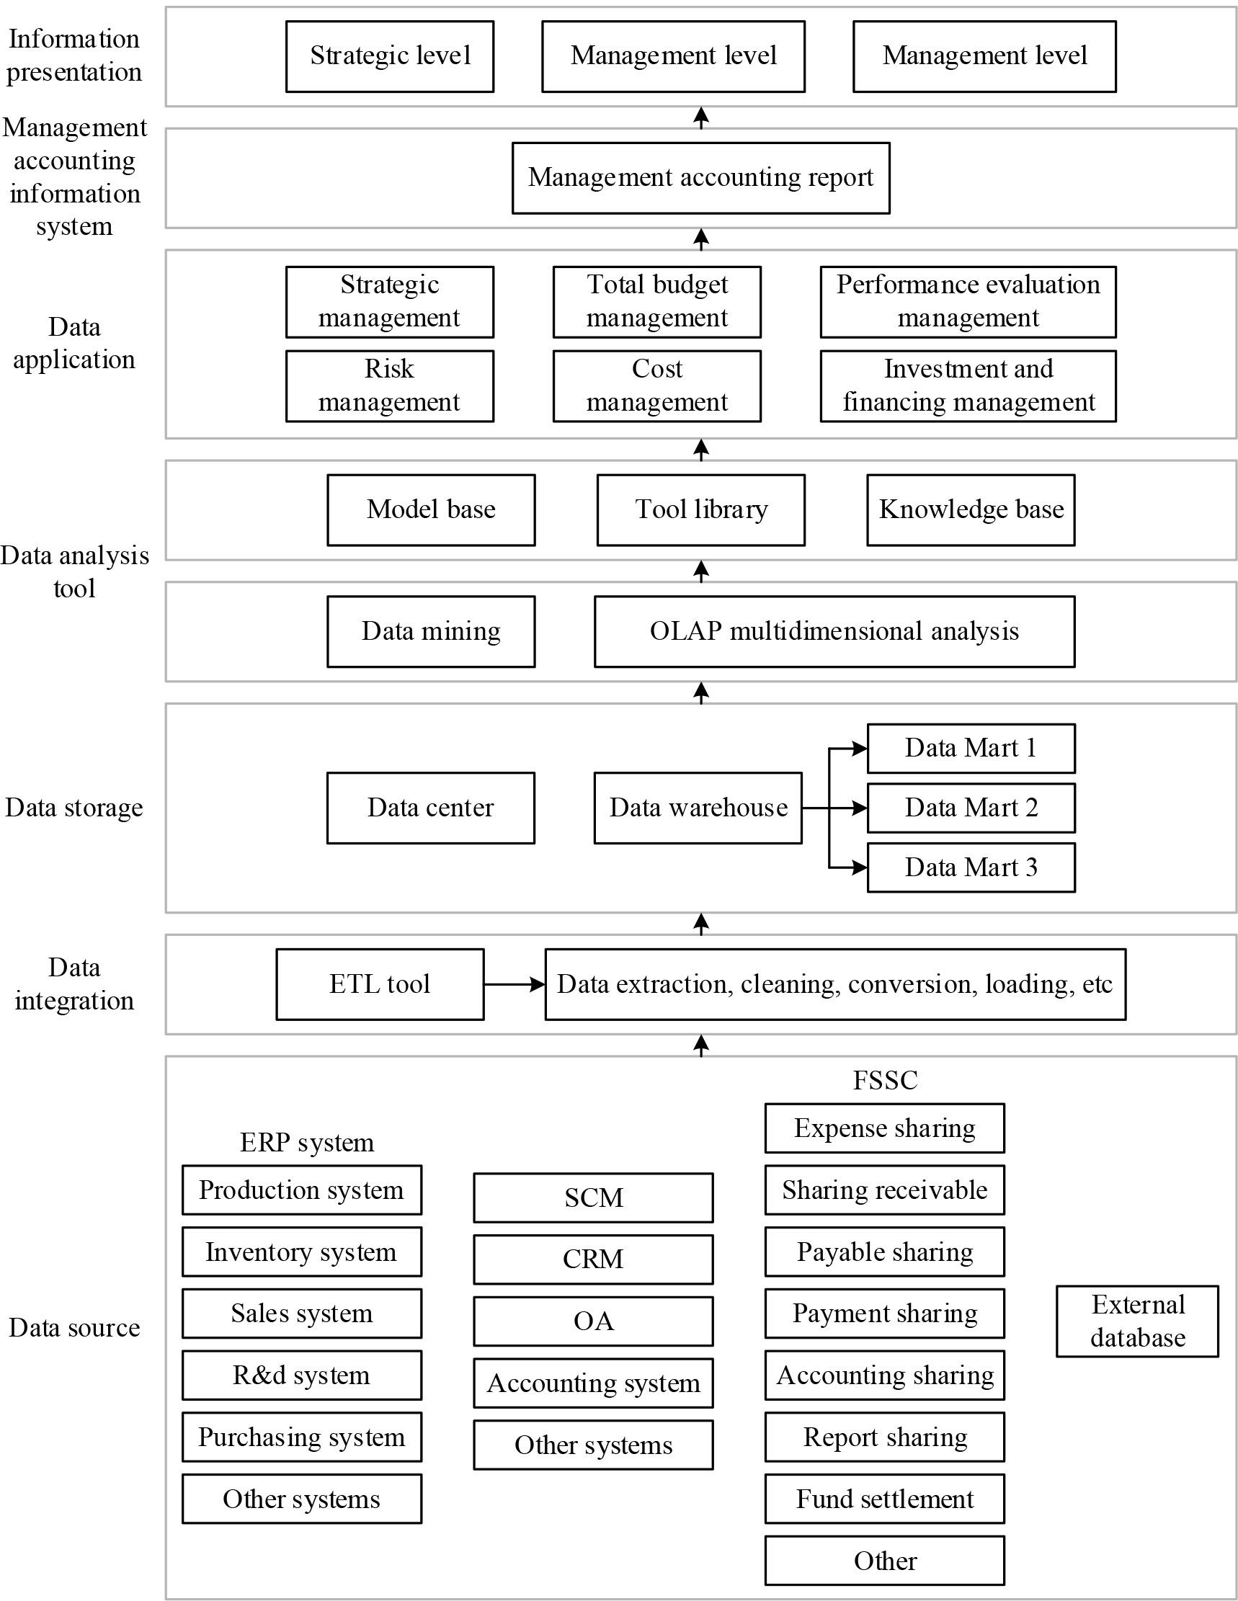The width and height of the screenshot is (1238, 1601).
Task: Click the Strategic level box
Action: click(x=389, y=56)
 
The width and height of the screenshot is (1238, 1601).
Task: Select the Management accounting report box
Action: click(x=700, y=178)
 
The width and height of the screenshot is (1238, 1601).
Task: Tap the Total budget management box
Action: click(x=656, y=301)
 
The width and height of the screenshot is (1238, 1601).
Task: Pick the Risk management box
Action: click(x=389, y=385)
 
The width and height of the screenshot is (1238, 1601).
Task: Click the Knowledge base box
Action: click(x=971, y=509)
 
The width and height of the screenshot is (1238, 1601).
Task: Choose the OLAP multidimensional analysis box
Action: click(x=834, y=631)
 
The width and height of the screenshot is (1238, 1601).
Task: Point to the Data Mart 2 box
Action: click(x=971, y=808)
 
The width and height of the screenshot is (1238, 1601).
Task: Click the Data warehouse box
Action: click(x=698, y=808)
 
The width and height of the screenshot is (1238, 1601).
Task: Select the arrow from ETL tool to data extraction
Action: click(x=514, y=984)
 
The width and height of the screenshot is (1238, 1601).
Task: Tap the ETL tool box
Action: click(x=380, y=984)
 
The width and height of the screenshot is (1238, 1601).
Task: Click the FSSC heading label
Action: click(x=885, y=1081)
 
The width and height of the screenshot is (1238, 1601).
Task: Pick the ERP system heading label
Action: click(x=306, y=1143)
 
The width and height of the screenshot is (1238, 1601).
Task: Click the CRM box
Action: click(x=593, y=1259)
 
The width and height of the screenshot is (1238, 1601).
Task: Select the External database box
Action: click(x=1137, y=1321)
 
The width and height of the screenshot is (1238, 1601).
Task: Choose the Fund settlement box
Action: click(x=885, y=1499)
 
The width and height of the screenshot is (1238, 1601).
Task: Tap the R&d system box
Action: click(x=301, y=1375)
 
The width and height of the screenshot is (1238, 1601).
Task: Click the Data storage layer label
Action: click(x=74, y=808)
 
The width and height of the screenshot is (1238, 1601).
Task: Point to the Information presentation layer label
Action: click(x=74, y=55)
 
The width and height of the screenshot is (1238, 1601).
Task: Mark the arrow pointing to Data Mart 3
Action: click(x=850, y=868)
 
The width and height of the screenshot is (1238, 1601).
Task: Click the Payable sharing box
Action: click(x=885, y=1252)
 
